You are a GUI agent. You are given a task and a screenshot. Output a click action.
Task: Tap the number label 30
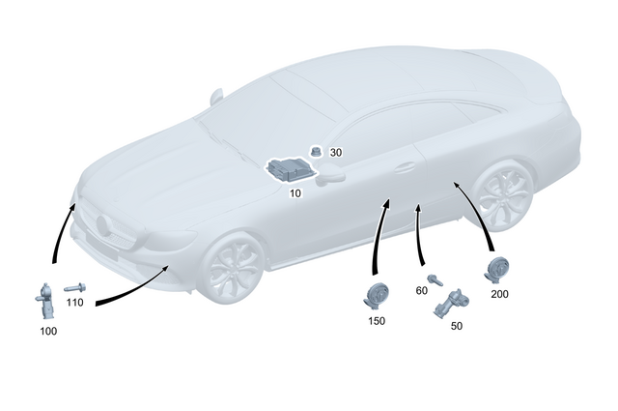coord(336,153)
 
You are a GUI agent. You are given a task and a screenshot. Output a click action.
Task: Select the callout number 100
coord(48,331)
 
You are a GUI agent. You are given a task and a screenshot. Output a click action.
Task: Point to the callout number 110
coord(75,303)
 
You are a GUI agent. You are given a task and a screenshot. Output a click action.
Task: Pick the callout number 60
coord(422,290)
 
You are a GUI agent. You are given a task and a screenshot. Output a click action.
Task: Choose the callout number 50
coord(457,326)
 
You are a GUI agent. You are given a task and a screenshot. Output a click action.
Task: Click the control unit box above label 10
coord(289,170)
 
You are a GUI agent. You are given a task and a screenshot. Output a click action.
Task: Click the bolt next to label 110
coord(74,287)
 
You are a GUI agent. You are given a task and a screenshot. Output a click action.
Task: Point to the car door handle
coord(404,167)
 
